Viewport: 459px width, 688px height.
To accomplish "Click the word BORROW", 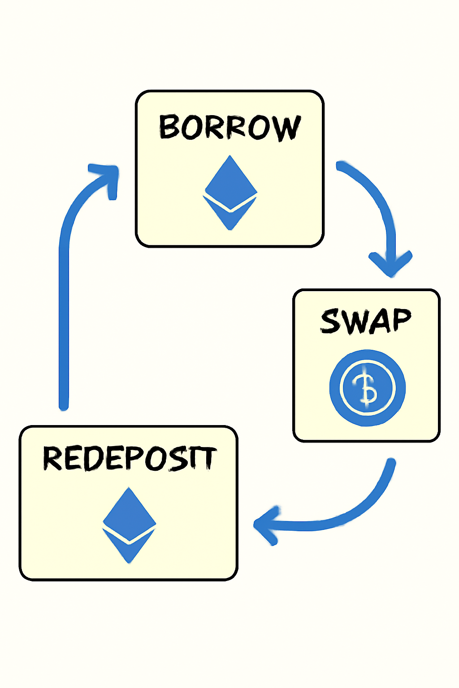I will point(229,127).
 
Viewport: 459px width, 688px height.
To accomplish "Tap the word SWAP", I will point(366,321).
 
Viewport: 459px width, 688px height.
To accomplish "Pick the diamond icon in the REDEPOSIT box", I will point(129,524).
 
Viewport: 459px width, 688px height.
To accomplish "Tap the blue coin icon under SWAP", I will point(367,387).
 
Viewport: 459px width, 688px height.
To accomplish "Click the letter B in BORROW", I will point(170,127).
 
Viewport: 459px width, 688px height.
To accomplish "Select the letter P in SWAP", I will point(399,320).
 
